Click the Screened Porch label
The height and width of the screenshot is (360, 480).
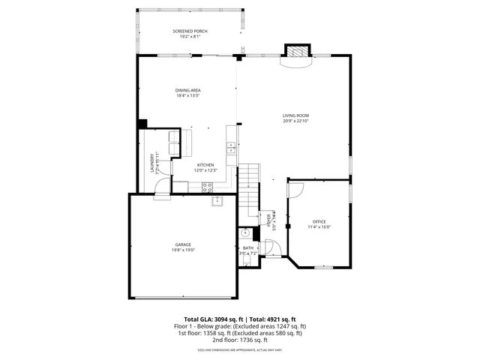[190, 31]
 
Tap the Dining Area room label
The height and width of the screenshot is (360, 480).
[188, 90]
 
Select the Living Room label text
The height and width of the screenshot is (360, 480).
[295, 115]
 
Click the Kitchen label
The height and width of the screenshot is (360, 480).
[205, 165]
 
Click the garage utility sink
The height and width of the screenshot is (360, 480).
[217, 200]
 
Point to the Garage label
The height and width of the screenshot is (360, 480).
[184, 244]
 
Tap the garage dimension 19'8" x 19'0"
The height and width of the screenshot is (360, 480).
[184, 250]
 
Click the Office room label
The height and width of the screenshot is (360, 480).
[319, 221]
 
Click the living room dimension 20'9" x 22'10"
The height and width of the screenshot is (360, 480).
[295, 121]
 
